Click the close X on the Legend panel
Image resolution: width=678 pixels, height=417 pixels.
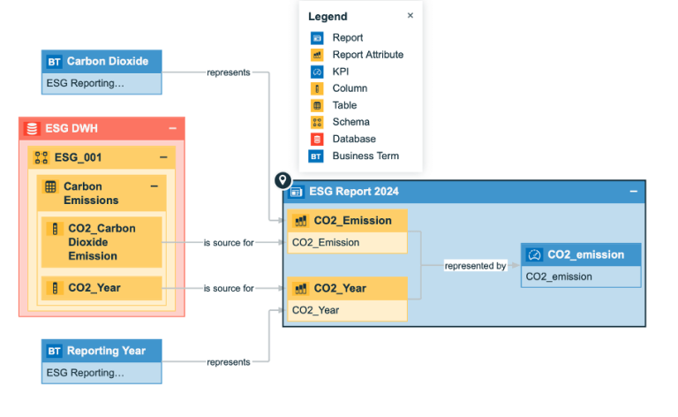click(410, 16)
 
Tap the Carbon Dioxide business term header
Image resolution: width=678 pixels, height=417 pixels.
click(102, 62)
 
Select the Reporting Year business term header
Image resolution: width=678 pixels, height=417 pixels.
click(102, 351)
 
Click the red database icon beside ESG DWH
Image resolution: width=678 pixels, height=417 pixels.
click(32, 128)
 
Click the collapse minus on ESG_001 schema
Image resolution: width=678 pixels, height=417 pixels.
click(163, 157)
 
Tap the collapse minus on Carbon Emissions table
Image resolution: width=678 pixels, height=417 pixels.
click(154, 186)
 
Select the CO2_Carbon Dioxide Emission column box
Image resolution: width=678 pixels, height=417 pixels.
click(102, 242)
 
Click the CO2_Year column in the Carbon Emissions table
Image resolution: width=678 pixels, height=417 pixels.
click(102, 288)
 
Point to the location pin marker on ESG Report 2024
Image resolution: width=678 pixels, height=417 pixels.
click(282, 180)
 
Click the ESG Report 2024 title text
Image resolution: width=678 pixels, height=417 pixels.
click(354, 192)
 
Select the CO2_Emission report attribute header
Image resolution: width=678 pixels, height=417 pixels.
click(347, 221)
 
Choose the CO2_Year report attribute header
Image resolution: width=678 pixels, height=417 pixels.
click(347, 289)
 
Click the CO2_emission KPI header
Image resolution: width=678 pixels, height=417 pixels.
click(581, 254)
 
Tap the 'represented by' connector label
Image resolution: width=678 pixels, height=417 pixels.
click(475, 266)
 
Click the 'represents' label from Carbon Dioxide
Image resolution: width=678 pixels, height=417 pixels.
click(229, 72)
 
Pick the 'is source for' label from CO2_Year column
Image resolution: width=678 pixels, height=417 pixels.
click(229, 288)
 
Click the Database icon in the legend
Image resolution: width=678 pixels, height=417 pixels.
click(317, 139)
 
